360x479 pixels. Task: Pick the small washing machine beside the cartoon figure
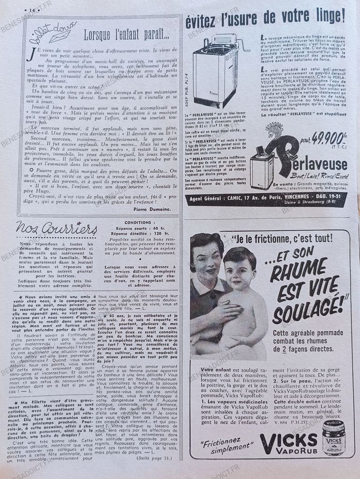tap(261, 171)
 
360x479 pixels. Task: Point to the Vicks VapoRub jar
tap(333, 438)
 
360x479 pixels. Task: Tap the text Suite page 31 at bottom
tap(154, 458)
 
